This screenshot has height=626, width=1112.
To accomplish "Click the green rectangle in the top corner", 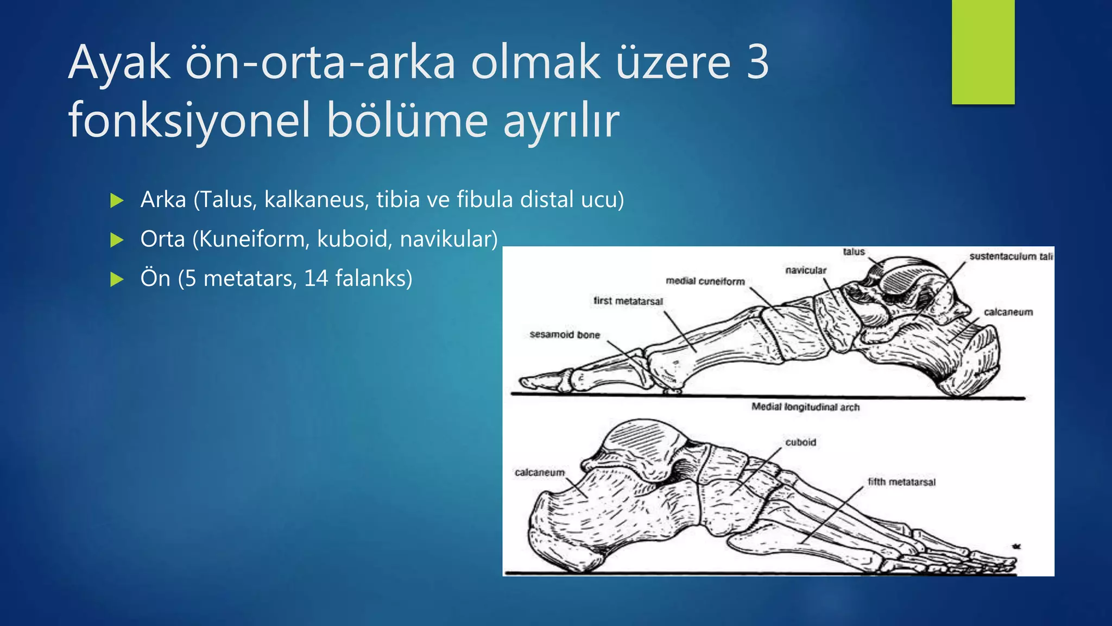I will [x=983, y=52].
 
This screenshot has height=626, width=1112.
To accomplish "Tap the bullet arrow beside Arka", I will [x=117, y=201].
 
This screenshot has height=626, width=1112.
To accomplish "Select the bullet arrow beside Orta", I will [x=117, y=240].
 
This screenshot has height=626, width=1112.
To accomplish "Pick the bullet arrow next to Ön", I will [x=117, y=279].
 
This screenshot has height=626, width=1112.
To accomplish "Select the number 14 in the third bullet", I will [x=316, y=279].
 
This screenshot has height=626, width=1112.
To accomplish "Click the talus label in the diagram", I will [x=854, y=252].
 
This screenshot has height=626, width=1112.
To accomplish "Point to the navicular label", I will [x=806, y=270].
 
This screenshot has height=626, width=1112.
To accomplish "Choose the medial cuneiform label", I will [x=705, y=281].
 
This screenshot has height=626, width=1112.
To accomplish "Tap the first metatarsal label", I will [x=628, y=301].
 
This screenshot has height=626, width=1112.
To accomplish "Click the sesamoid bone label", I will [x=565, y=335].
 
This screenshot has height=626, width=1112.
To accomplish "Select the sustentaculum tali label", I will [x=1011, y=256].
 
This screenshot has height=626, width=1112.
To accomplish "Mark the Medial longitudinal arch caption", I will [x=805, y=407].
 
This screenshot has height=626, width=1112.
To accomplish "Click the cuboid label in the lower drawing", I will [x=800, y=442].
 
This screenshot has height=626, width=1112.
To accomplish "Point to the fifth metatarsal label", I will [x=901, y=482].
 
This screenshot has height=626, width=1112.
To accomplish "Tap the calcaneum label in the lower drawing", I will [x=540, y=473].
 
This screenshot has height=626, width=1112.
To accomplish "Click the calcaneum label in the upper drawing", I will [x=1008, y=312].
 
